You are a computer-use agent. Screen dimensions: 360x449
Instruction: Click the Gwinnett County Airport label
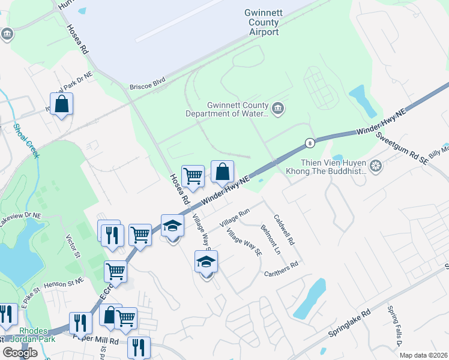click(x=262, y=22)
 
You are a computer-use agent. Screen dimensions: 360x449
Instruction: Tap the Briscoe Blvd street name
click(x=147, y=86)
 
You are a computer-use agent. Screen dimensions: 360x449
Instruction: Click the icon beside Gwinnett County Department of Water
click(x=278, y=109)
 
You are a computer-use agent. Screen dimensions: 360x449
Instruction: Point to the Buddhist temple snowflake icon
click(x=376, y=166)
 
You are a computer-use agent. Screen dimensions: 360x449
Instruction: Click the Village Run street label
click(x=234, y=217)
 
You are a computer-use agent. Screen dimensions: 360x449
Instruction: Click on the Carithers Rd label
click(x=282, y=269)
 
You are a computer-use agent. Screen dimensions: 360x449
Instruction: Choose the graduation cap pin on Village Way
click(x=206, y=263)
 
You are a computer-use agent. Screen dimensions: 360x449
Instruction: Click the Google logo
click(x=20, y=352)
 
